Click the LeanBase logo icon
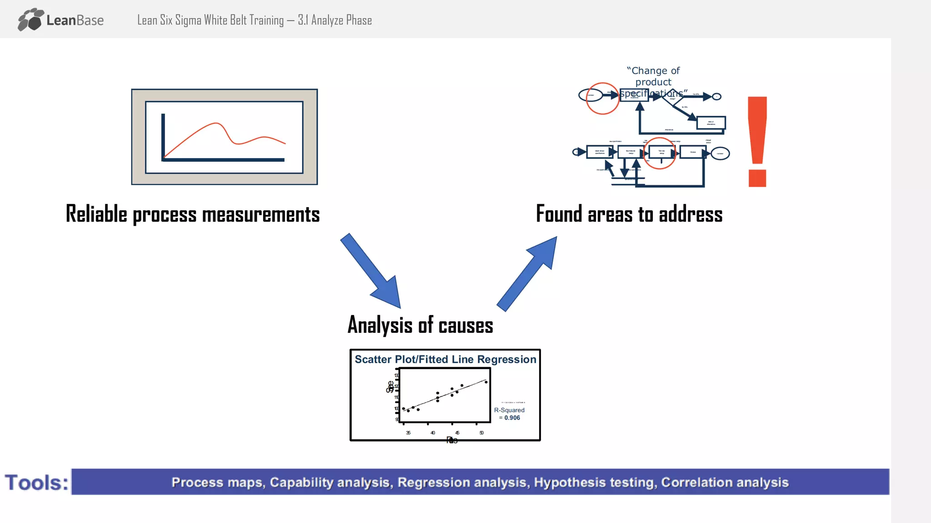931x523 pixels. pos(31,20)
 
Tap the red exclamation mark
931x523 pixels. pos(757,141)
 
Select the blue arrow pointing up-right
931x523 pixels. pos(527,274)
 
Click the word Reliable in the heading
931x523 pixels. pos(96,214)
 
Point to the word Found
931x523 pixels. pos(559,214)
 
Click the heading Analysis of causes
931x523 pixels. pos(420,325)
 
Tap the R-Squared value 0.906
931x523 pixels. pos(512,418)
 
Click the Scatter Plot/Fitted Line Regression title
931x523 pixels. pos(445,359)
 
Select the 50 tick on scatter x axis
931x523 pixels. pos(481,433)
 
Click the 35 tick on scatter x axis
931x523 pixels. pos(408,433)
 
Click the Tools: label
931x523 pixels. pos(36,483)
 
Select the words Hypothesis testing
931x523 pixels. pos(595,482)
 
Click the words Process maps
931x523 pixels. pos(217,482)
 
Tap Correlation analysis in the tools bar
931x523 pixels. pos(725,482)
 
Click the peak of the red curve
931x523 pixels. pos(216,123)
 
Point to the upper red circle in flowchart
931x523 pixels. pos(602,99)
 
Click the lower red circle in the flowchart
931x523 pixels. pos(659,153)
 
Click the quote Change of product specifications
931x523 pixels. pos(653,82)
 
